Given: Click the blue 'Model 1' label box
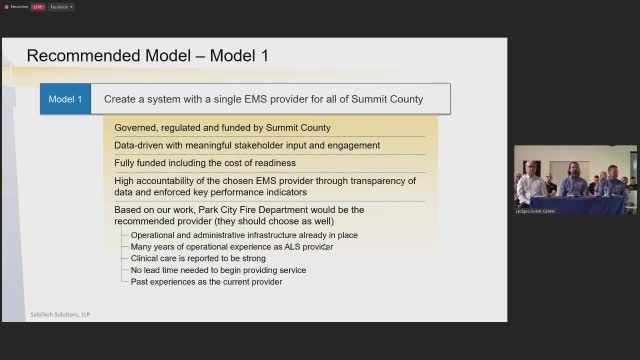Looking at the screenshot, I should [65, 99].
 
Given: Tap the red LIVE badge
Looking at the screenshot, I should [37, 6].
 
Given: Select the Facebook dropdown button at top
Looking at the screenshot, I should [62, 6].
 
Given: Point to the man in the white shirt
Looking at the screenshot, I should [531, 183].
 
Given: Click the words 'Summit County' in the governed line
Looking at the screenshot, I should [298, 128].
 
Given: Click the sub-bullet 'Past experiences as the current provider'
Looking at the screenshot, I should [206, 282].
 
